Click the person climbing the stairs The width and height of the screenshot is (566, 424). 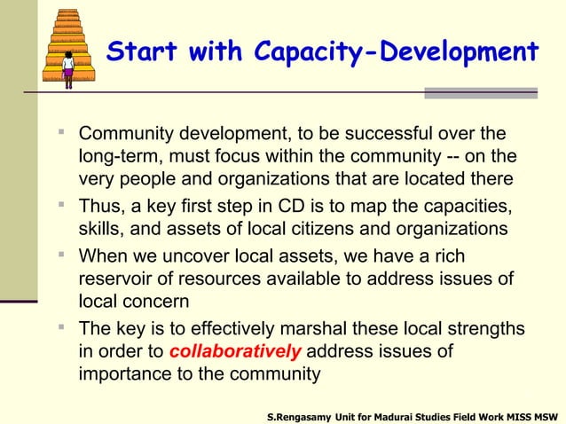click(68, 69)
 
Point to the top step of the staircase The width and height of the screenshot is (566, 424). click(68, 13)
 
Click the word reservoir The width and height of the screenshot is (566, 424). click(117, 280)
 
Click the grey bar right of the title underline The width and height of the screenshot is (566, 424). click(481, 92)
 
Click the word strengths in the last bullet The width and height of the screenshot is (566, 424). click(484, 329)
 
